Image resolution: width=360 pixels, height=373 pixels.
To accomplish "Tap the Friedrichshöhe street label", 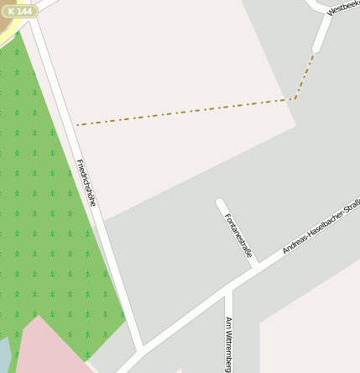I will click(86, 182).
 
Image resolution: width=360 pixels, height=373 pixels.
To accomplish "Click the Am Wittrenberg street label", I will click(228, 344).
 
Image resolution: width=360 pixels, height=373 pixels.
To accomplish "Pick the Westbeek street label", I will click(344, 7).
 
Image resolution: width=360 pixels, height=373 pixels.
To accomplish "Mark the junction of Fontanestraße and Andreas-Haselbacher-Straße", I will click(255, 266).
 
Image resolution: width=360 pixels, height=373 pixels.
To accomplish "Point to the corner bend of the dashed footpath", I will click(295, 98).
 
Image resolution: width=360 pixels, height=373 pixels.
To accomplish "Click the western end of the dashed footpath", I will click(77, 125).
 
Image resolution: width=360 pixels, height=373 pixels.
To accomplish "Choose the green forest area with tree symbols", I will click(42, 210).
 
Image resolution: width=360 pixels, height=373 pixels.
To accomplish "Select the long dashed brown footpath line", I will click(185, 112).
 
